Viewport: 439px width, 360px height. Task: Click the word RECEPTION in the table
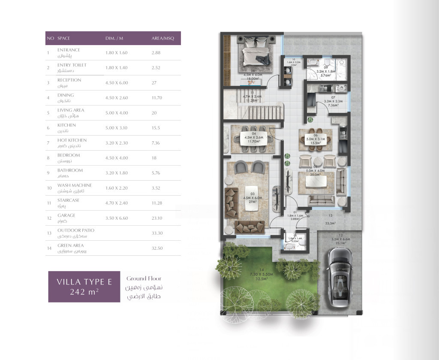pyautogui.click(x=69, y=80)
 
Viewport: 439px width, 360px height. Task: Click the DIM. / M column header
pyautogui.click(x=114, y=38)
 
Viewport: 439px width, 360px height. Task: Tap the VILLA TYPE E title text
pyautogui.click(x=84, y=282)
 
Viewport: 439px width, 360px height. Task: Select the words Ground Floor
pyautogui.click(x=143, y=278)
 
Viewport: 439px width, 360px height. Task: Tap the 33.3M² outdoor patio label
pyautogui.click(x=330, y=223)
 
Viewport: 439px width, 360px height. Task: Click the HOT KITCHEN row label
pyautogui.click(x=72, y=140)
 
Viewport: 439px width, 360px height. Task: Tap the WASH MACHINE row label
pyautogui.click(x=74, y=185)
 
